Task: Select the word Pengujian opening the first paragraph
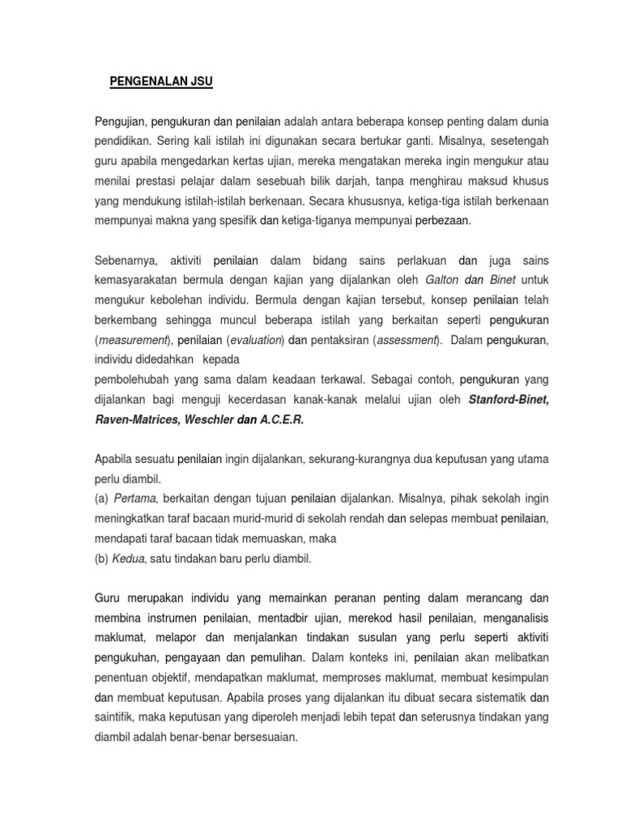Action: pyautogui.click(x=118, y=121)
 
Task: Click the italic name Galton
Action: pyautogui.click(x=442, y=279)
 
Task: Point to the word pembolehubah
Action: pyautogui.click(x=130, y=379)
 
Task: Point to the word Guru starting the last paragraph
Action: pyautogui.click(x=108, y=597)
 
